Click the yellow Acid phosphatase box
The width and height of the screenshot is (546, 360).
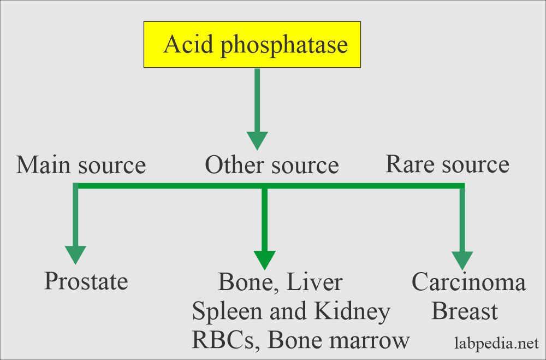click(252, 44)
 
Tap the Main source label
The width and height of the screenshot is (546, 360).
click(81, 164)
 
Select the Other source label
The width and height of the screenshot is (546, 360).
click(271, 164)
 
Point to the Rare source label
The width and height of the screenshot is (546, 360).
click(447, 163)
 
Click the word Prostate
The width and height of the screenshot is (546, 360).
click(86, 281)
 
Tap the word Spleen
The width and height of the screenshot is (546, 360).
click(225, 312)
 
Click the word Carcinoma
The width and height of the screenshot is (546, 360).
click(468, 282)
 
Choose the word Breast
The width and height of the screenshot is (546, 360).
click(465, 311)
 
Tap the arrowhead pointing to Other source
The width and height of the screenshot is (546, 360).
click(257, 140)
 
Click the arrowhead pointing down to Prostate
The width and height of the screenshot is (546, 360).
click(75, 255)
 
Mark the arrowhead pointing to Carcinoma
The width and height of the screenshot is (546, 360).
click(462, 260)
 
